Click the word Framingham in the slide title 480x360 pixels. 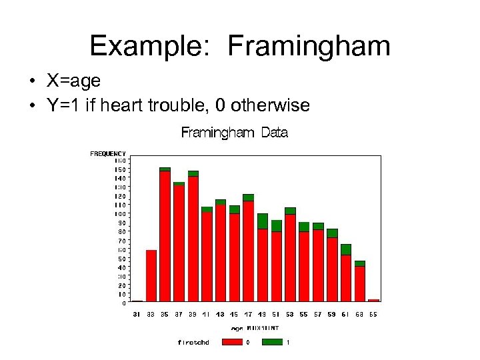point(309,47)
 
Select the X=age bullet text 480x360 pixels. point(73,81)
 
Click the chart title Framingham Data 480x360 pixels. point(235,133)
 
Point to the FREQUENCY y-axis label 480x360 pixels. point(108,153)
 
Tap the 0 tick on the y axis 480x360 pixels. point(123,303)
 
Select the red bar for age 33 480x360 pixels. point(151,275)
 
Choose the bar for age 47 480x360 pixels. point(248,250)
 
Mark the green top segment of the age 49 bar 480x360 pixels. point(262,221)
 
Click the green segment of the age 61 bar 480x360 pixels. point(345,249)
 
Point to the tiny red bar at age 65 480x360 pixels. point(373,301)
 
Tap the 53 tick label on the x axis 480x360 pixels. point(290,314)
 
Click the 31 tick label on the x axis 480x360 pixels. point(137,314)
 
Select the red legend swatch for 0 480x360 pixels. point(231,342)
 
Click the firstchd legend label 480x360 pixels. point(193,343)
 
